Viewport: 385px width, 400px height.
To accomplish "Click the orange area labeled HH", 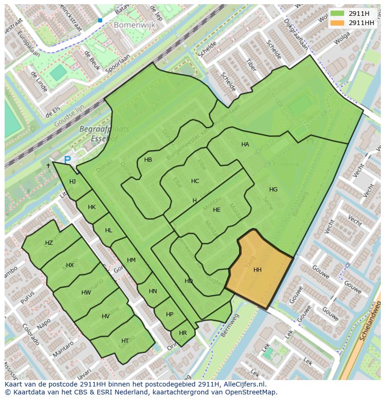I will click(258, 269).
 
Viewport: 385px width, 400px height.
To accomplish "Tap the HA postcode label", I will click(245, 144).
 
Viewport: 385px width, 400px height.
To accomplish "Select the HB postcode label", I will click(148, 160).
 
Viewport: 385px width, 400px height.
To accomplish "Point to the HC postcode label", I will click(195, 181).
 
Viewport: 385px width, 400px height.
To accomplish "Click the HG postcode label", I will click(273, 189).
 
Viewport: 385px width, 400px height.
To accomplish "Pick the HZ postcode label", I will click(49, 243).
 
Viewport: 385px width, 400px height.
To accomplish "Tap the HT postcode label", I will click(125, 341).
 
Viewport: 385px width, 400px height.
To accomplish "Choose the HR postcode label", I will click(183, 333).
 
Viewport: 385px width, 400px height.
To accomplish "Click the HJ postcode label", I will click(73, 182).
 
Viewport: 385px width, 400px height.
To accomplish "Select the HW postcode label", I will click(86, 293).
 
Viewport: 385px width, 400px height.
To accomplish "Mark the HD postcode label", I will click(188, 281).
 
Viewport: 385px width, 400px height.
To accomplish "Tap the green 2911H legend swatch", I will click(338, 13).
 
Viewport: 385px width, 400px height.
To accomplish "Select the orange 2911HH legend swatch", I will click(338, 23).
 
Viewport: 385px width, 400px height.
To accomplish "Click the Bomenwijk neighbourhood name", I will click(134, 26).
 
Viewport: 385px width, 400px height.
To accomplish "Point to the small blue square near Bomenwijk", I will click(100, 20).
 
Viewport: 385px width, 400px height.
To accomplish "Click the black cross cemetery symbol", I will click(48, 165).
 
